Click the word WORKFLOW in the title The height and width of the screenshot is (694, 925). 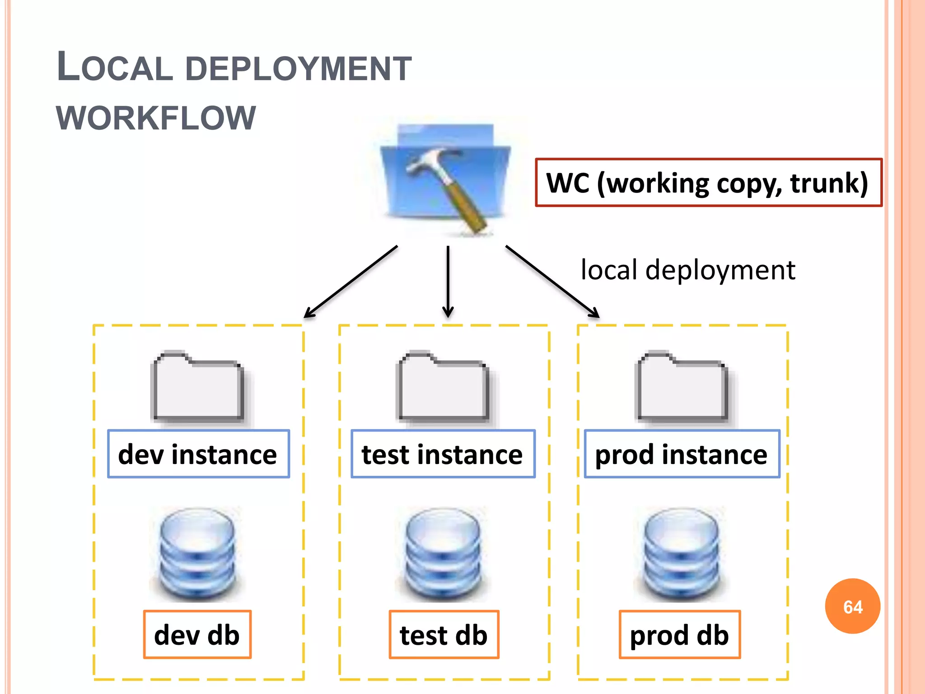(x=156, y=118)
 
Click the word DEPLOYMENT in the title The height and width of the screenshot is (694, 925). (x=298, y=69)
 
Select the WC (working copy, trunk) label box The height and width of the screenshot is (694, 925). (x=708, y=183)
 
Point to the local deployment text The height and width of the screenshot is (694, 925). (x=687, y=270)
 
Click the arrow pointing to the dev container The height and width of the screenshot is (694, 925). (x=350, y=282)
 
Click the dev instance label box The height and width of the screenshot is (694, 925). (x=198, y=454)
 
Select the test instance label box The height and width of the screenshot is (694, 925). (x=443, y=454)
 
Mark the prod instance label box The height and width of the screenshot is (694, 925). (x=682, y=454)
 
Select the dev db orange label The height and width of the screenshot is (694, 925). (x=197, y=635)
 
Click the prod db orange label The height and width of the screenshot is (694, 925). (x=679, y=635)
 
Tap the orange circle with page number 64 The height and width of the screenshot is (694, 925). (x=852, y=606)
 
